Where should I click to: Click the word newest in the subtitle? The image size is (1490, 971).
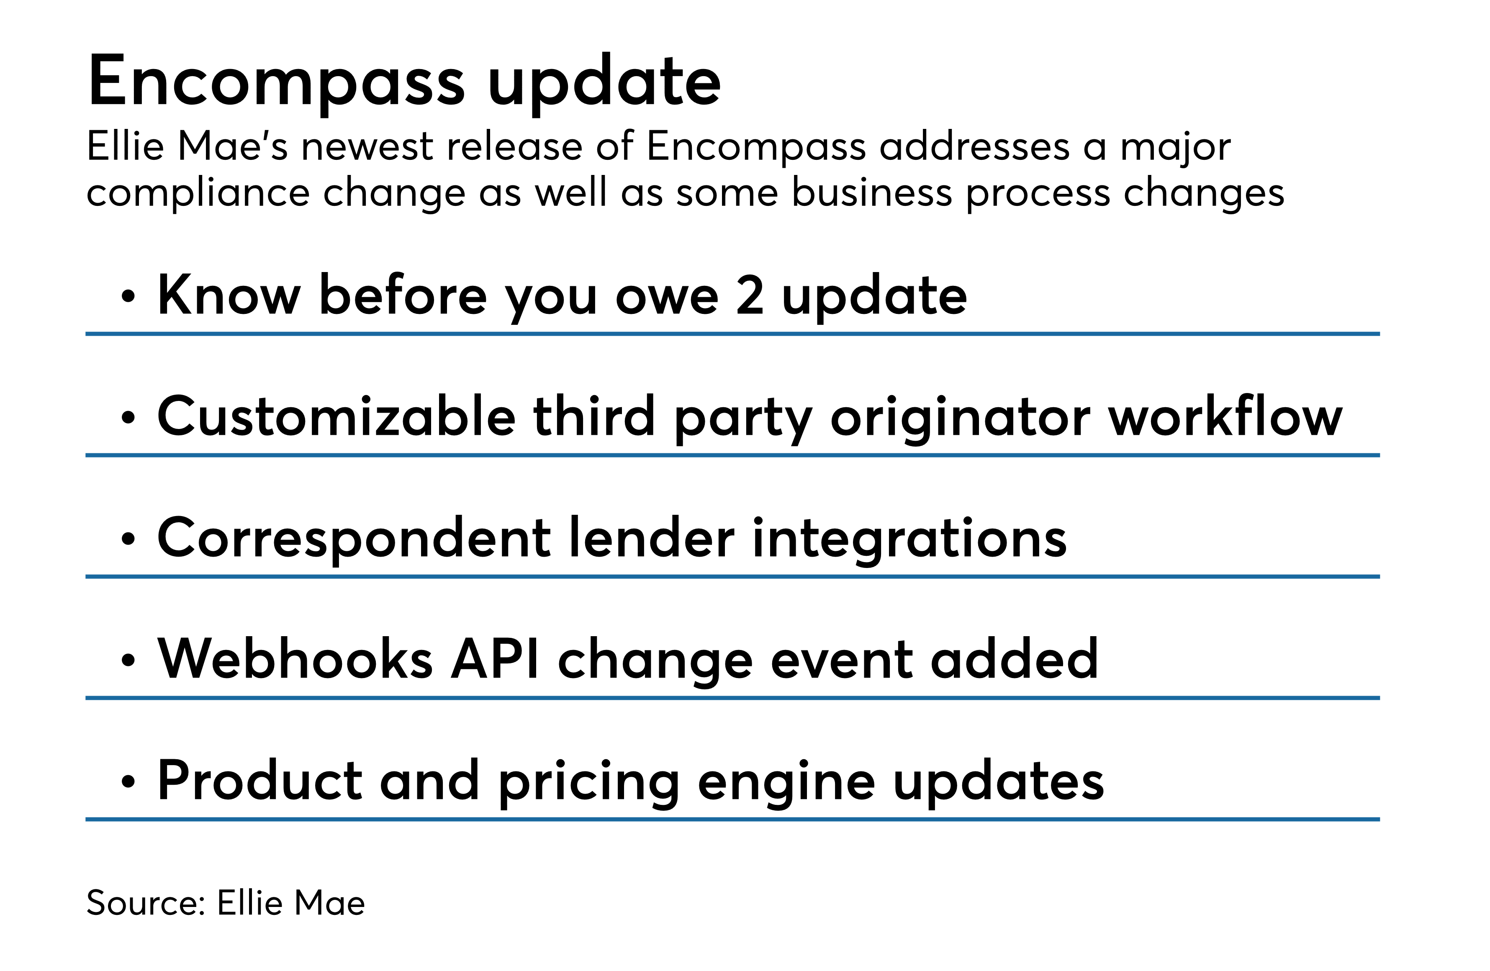pos(367,147)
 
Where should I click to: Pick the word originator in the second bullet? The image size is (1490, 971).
pos(961,418)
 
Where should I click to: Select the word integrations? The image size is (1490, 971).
pos(909,538)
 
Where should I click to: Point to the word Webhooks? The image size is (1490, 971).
pos(295,659)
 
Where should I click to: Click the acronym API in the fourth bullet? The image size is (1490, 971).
pos(495,659)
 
